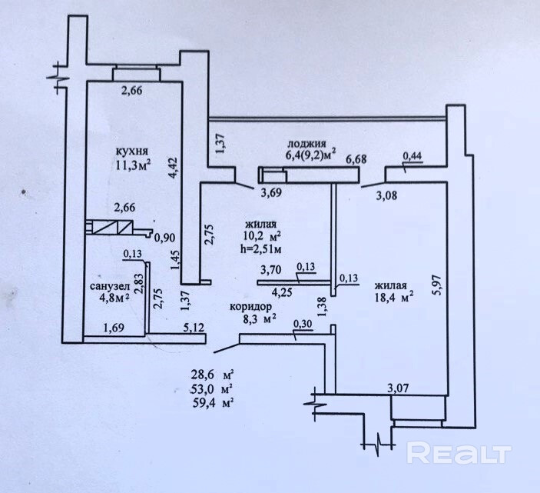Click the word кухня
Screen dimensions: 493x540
132,151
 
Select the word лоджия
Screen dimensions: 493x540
306,144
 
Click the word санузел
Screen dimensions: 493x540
108,287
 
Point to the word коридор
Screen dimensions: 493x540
251,305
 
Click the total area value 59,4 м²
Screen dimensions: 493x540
213,401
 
